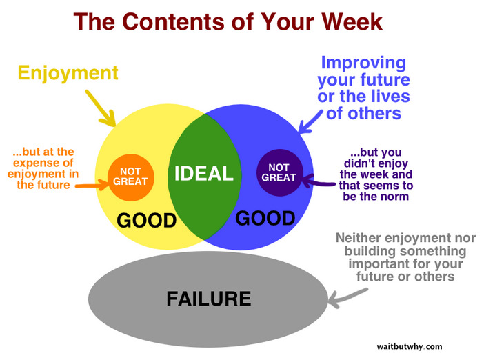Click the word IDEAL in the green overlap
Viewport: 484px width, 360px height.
point(203,173)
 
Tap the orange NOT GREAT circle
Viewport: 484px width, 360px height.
point(130,177)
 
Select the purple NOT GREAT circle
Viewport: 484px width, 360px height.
point(279,172)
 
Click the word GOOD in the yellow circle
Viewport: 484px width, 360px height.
point(146,220)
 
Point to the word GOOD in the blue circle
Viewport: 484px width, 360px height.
point(265,218)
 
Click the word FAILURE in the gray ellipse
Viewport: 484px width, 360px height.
point(209,299)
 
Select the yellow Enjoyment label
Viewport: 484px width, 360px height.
point(68,74)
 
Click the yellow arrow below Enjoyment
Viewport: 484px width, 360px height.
point(101,108)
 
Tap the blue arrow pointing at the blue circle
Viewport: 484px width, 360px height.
point(310,122)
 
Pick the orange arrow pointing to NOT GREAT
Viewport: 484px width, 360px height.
point(92,185)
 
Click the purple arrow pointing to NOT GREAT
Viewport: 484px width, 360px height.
point(318,181)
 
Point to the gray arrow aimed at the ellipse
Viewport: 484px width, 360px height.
point(347,298)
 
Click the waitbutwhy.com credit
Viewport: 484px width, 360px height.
point(410,346)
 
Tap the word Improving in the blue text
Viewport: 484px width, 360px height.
point(363,63)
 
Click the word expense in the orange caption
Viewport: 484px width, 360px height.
point(43,163)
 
